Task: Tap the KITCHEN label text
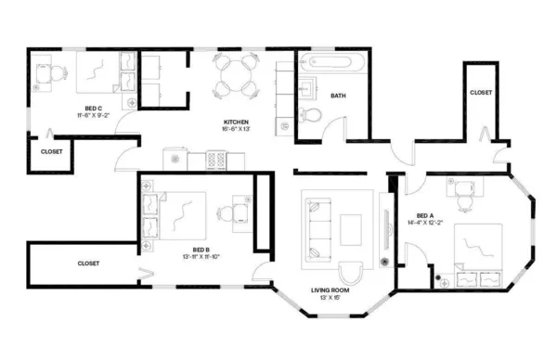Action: pos(236,122)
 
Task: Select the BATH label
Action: pos(338,96)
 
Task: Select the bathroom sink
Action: pos(305,90)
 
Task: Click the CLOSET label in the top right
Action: pos(481,93)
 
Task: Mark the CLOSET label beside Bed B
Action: pos(88,264)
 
